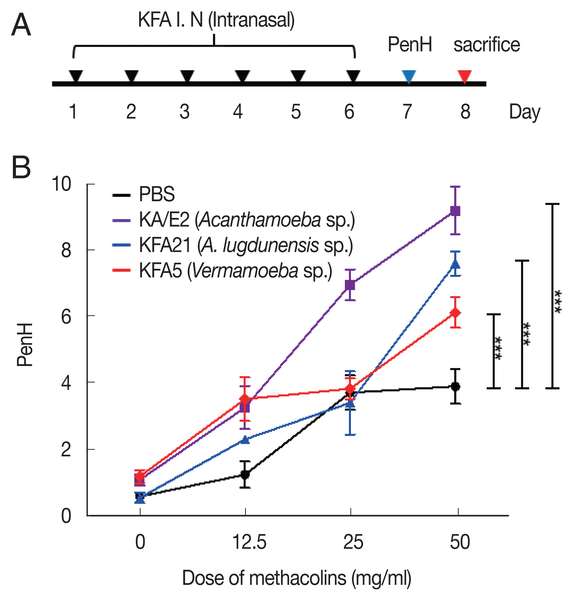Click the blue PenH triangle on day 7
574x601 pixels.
point(409,76)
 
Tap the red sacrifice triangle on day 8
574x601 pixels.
point(464,76)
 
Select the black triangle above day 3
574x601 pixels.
point(187,76)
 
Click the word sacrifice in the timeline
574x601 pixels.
point(486,45)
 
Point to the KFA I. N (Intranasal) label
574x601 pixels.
point(216,20)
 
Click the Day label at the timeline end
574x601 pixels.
point(524,112)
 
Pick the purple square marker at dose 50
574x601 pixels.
point(455,211)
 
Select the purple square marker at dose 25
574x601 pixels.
point(350,285)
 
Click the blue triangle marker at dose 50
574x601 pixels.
point(455,264)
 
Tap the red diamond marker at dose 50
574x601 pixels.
point(455,313)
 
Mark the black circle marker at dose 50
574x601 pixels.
point(455,386)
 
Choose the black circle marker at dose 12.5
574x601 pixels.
point(245,474)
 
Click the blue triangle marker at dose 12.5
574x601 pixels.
point(245,440)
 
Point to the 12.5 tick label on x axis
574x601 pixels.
point(249,542)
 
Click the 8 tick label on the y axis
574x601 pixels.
point(66,251)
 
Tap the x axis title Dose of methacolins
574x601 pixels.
point(296,578)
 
